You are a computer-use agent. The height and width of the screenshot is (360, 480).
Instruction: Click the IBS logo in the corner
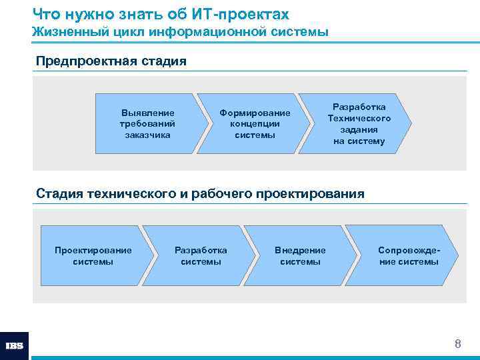pyautogui.click(x=14, y=345)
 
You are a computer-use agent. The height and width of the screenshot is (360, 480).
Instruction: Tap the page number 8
pyautogui.click(x=457, y=344)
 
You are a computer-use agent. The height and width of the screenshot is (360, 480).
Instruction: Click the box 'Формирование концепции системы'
pyautogui.click(x=255, y=124)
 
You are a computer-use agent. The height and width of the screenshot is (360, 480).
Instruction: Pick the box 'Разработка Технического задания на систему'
pyautogui.click(x=359, y=124)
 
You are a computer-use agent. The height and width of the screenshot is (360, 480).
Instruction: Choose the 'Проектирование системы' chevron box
pyautogui.click(x=93, y=256)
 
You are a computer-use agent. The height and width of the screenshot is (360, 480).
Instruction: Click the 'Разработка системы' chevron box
pyautogui.click(x=201, y=256)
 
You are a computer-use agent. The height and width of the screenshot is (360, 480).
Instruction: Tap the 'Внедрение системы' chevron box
pyautogui.click(x=300, y=256)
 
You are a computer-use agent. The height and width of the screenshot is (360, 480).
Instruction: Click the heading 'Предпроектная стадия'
pyautogui.click(x=111, y=61)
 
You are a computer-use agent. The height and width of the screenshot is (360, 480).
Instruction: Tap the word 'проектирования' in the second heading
pyautogui.click(x=311, y=194)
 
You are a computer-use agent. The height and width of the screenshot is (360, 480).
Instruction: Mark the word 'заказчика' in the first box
pyautogui.click(x=147, y=135)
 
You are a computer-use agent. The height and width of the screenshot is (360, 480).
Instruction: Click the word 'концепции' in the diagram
pyautogui.click(x=255, y=124)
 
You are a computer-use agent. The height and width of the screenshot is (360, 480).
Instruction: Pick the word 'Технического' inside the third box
pyautogui.click(x=359, y=119)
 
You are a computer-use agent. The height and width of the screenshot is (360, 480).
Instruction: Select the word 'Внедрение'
pyautogui.click(x=300, y=250)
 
